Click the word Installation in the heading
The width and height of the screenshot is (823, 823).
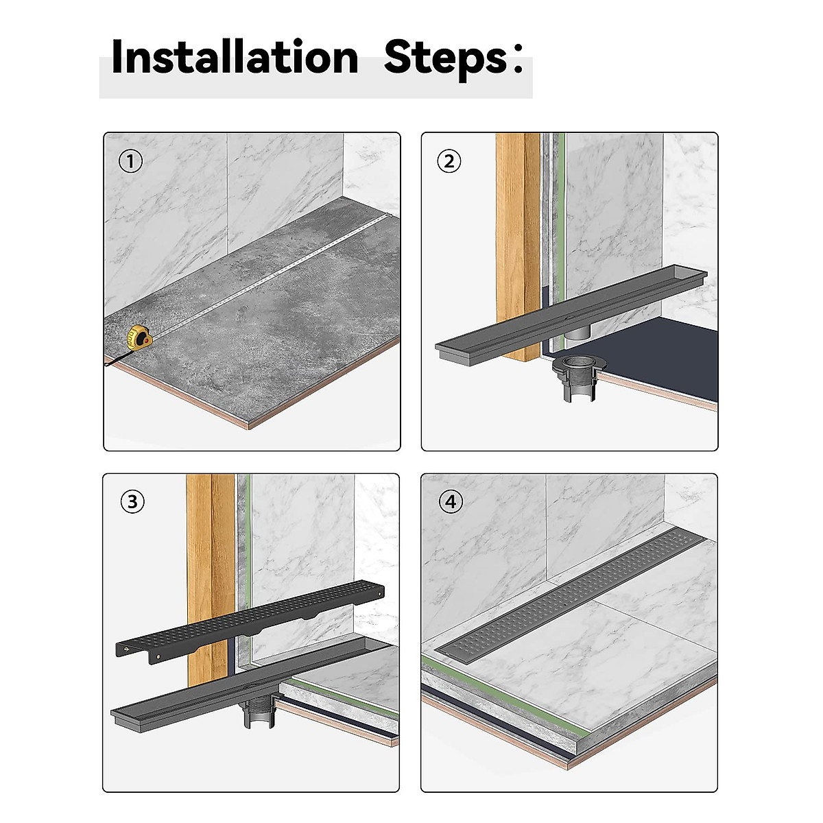coord(235,57)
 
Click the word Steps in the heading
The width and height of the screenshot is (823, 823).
coord(446,60)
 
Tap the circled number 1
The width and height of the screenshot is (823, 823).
coord(131,161)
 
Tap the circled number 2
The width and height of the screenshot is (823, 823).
coord(449,161)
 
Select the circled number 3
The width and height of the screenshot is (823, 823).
coord(132,501)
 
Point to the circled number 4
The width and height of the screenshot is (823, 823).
coord(451,501)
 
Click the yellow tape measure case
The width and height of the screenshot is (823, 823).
coord(138,338)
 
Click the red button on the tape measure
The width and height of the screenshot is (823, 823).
coord(147,342)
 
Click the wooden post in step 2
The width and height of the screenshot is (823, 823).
coord(518,247)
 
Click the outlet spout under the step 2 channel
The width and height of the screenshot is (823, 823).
coord(577,331)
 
